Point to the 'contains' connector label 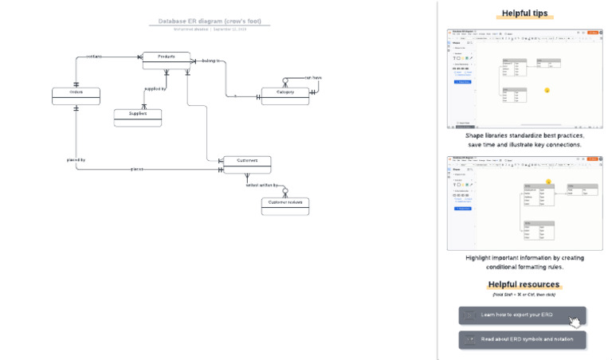point(93,57)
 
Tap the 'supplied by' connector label point(155,88)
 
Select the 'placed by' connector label point(76,160)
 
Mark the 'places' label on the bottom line point(137,169)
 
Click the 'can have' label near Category point(312,77)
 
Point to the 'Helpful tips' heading point(524,14)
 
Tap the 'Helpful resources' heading point(524,284)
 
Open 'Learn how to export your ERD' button point(522,315)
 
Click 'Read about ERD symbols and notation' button point(522,339)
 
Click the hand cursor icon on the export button point(575,322)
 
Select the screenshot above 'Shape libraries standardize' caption point(524,79)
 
